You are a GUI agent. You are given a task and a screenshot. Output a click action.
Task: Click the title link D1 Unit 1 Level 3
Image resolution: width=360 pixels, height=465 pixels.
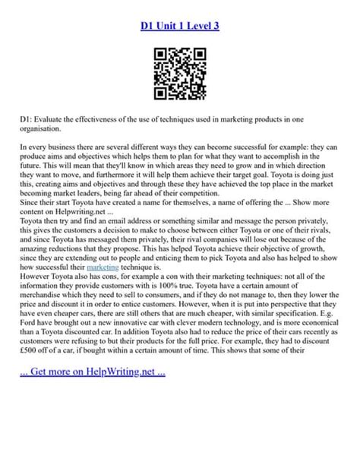click(x=180, y=27)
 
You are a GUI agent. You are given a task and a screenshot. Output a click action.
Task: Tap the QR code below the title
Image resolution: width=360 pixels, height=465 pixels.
click(x=180, y=73)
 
